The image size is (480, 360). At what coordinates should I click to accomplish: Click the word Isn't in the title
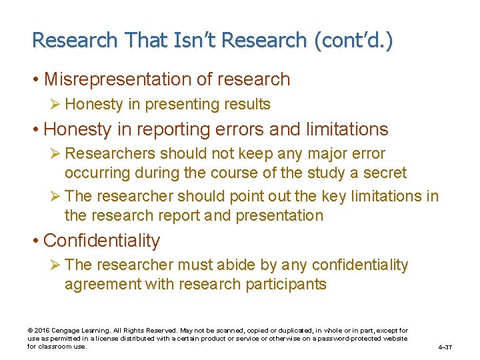point(193,40)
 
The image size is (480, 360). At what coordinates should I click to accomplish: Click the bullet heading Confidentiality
point(101,241)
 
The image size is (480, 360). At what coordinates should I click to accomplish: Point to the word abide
point(238,265)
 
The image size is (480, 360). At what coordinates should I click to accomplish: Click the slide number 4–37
point(445,347)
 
